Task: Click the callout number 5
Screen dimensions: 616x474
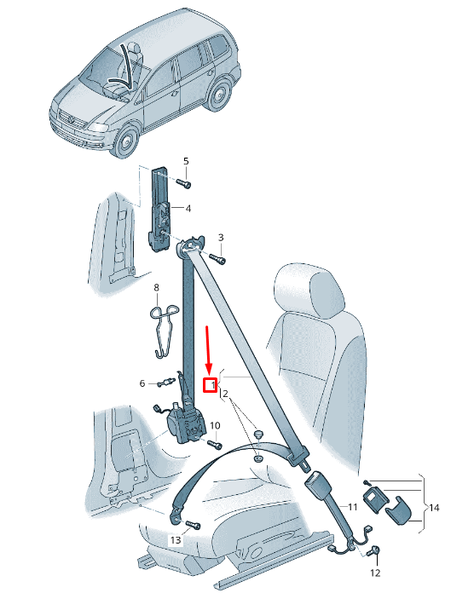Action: point(186,161)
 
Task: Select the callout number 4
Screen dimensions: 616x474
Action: point(188,208)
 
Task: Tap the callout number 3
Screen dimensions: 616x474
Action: point(221,237)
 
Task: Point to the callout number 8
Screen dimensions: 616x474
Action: point(157,288)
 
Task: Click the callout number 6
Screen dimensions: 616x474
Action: point(142,383)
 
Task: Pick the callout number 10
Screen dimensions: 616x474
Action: point(215,425)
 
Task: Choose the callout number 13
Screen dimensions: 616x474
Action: point(176,540)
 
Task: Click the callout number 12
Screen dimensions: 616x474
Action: point(376,573)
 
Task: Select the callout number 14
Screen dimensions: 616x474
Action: point(434,508)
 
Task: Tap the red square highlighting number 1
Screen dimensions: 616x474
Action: point(211,385)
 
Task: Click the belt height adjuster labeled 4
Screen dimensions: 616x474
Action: point(161,210)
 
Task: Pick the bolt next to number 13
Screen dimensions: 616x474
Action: point(189,524)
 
